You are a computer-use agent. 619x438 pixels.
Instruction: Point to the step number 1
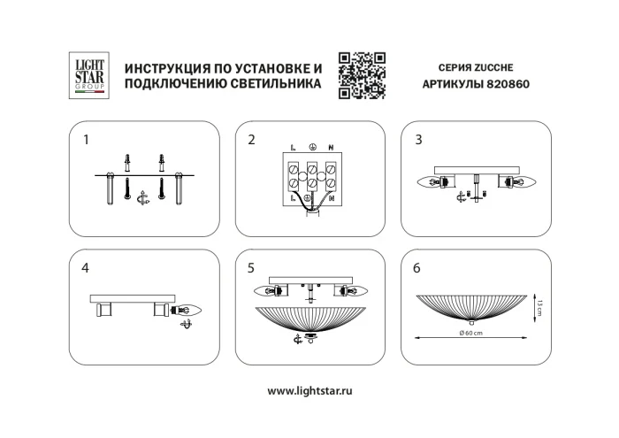[86, 140]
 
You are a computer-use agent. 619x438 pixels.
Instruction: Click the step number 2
[251, 140]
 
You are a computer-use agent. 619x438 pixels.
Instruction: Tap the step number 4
[86, 266]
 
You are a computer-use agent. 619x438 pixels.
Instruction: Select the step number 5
[251, 266]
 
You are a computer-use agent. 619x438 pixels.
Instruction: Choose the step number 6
[418, 266]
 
